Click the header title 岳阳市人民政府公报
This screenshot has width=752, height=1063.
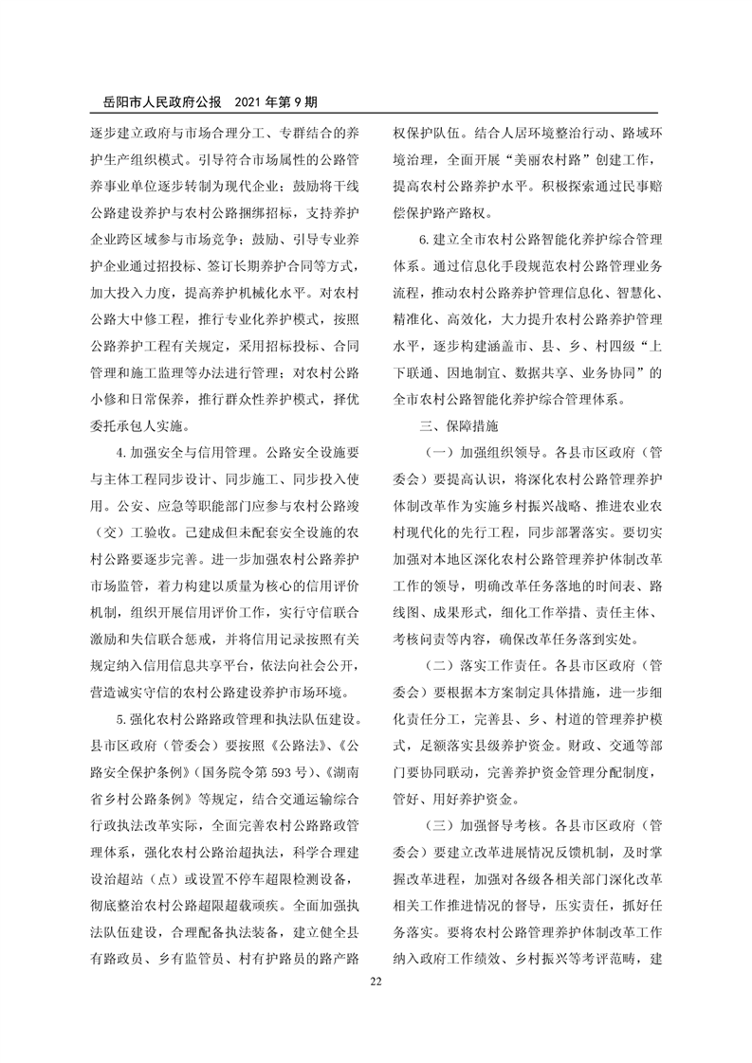point(155,99)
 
